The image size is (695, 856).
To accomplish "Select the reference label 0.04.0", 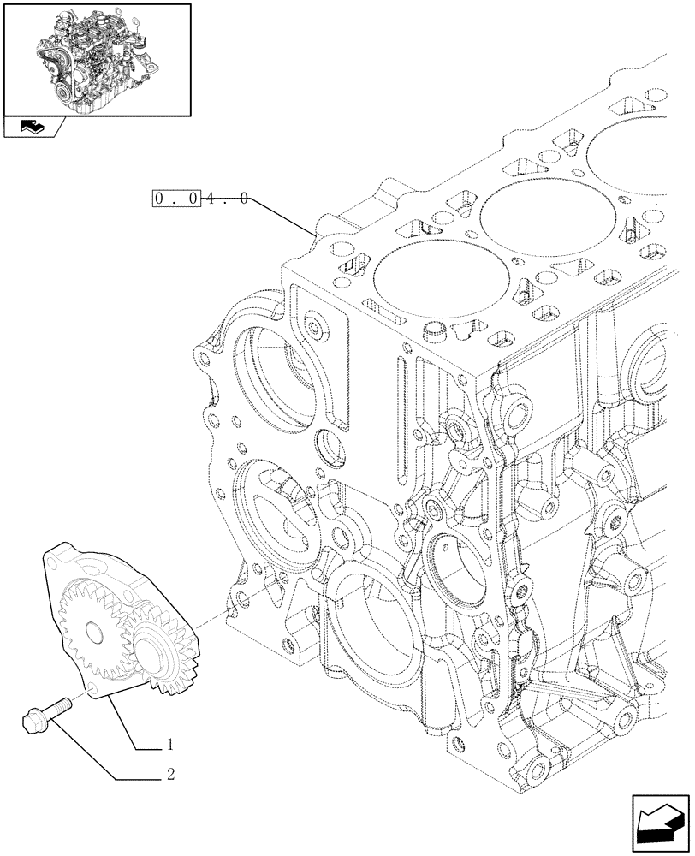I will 201,199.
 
